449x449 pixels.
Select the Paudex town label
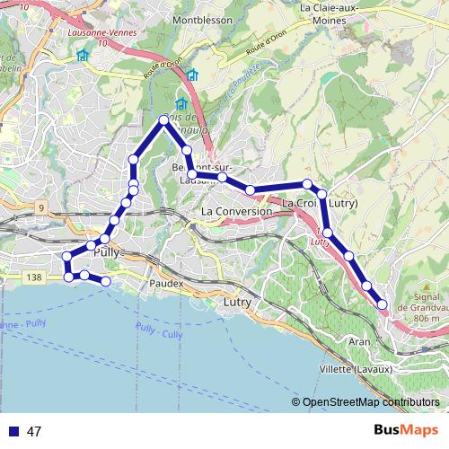(x=167, y=284)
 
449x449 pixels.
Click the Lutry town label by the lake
(x=236, y=304)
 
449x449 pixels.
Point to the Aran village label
(x=359, y=342)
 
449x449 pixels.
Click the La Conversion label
(x=237, y=211)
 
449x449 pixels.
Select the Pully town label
(x=106, y=253)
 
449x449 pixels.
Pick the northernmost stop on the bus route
(x=163, y=119)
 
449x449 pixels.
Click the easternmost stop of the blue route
(x=382, y=304)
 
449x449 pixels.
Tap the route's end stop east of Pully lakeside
(x=106, y=281)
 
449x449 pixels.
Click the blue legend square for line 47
(x=12, y=431)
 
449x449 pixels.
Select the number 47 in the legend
(x=34, y=432)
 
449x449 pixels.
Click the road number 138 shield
(x=34, y=280)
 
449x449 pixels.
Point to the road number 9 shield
(x=40, y=208)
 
